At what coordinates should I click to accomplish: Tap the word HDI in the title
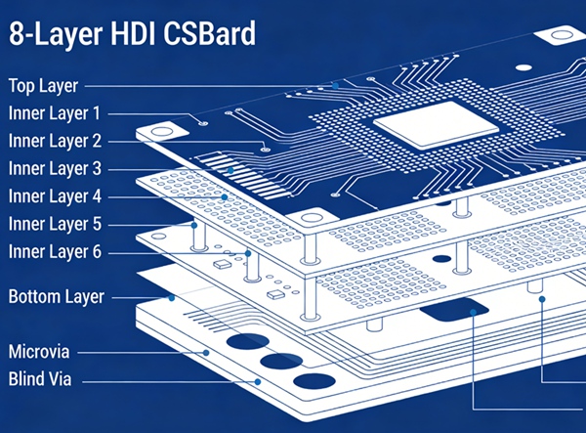123,36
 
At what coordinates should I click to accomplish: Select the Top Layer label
43,85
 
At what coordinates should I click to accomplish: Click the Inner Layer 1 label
54,112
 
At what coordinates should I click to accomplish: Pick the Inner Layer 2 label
54,140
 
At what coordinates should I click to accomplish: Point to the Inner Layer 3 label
54,168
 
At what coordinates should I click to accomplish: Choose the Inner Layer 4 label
54,195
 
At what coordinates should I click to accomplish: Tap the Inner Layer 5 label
54,224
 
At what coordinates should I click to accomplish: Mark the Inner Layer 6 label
54,252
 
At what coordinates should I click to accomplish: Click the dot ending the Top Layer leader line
335,85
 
